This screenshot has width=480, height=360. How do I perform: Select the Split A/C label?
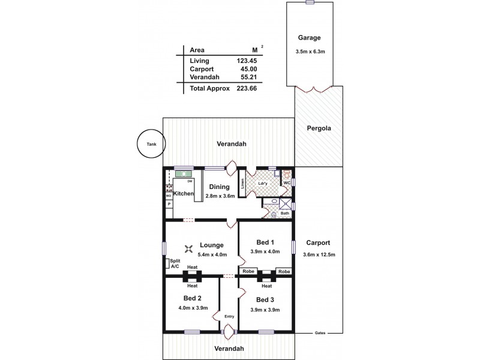pos(175,263)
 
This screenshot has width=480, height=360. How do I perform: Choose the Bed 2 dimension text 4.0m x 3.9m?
pos(193,308)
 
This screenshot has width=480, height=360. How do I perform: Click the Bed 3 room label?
pos(265,299)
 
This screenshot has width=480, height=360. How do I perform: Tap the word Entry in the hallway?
pos(229,317)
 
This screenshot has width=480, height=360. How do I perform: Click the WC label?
pos(287,182)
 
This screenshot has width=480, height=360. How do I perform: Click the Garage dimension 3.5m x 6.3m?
pos(310,51)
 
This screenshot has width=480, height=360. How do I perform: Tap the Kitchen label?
pos(184,194)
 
